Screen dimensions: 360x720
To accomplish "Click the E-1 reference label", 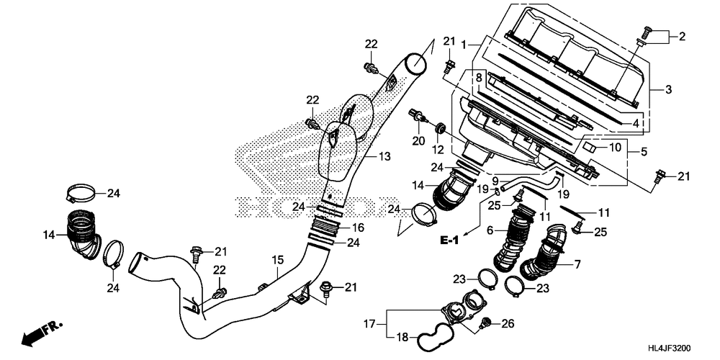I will coord(451,240).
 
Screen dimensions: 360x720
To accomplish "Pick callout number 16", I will coord(358,227).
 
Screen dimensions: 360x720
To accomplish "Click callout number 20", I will coord(418,141).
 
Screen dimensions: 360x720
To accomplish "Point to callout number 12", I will coord(437,150).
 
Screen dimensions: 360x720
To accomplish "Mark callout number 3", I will coord(668,90).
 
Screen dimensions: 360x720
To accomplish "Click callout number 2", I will coord(682,36).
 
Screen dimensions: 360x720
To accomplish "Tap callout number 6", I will coord(490,231).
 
